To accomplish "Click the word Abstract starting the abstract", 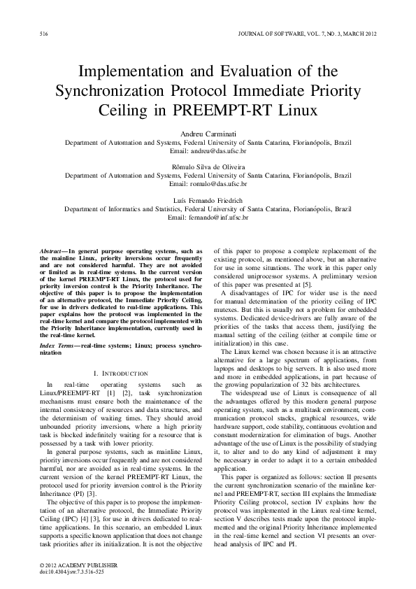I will (x=51, y=250).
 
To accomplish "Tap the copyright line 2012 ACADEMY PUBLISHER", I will (x=69, y=564).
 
